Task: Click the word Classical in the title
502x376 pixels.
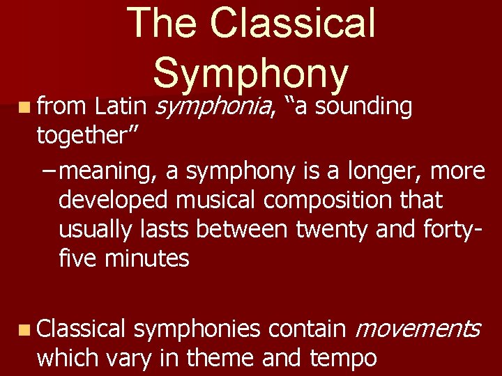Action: pyautogui.click(x=293, y=24)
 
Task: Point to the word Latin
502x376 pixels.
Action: pyautogui.click(x=120, y=107)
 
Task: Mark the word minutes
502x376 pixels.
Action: pyautogui.click(x=147, y=258)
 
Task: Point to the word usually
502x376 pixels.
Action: pyautogui.click(x=100, y=229)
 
